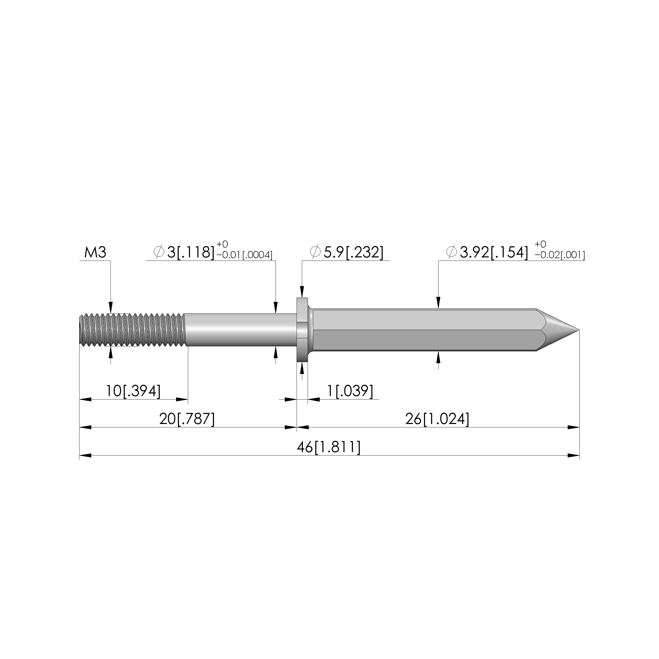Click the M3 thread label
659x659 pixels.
tap(95, 252)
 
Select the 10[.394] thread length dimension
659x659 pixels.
tap(133, 391)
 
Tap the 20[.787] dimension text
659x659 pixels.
tap(187, 419)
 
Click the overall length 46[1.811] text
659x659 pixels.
tap(328, 447)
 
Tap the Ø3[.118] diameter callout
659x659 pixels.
tap(184, 252)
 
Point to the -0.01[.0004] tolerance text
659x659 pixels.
tap(244, 255)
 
